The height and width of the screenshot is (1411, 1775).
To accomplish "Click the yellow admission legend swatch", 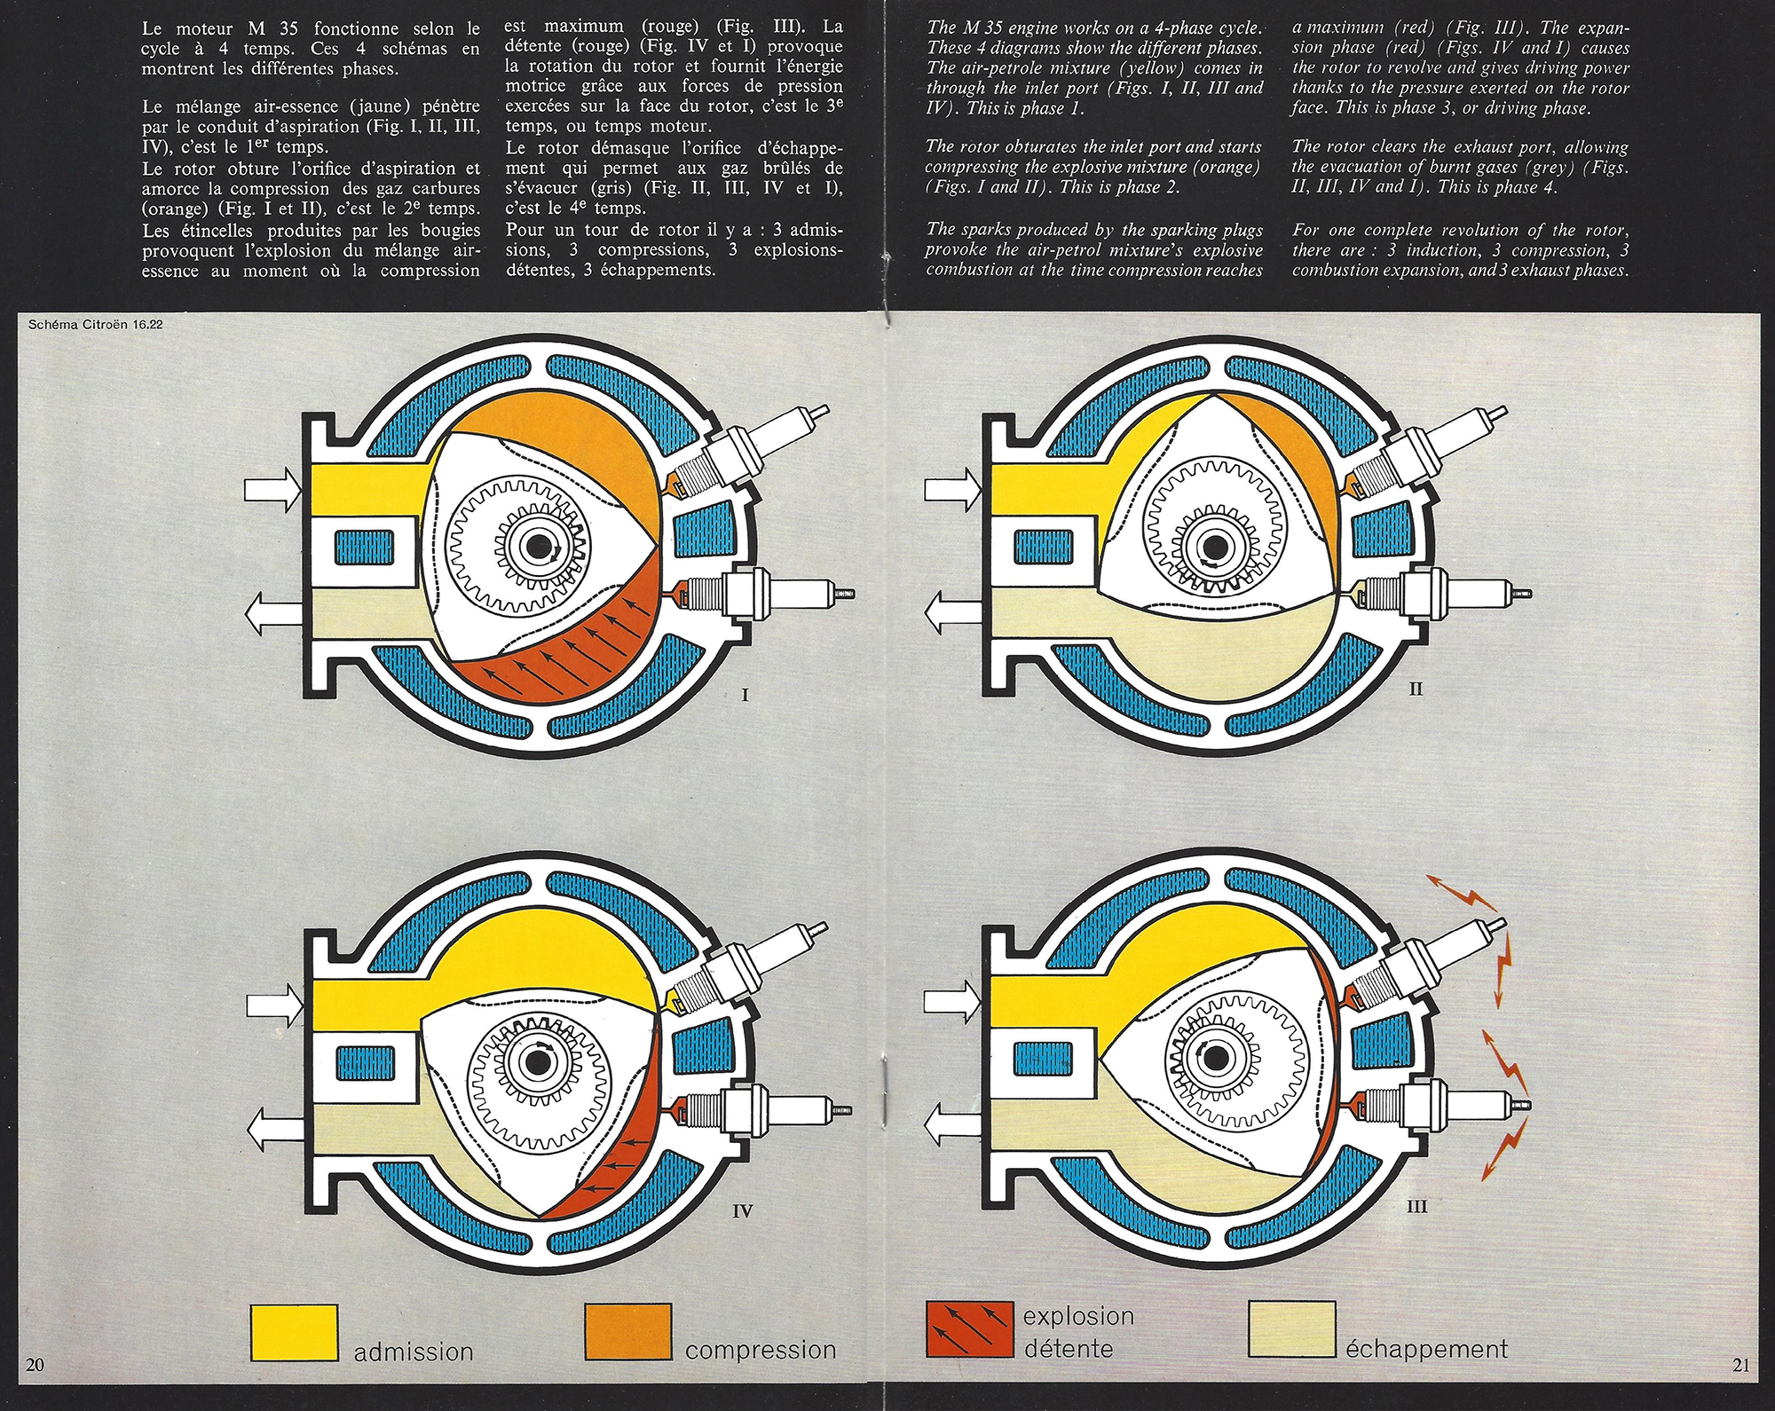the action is (x=294, y=1331).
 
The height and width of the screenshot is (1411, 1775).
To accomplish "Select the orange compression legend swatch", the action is (x=628, y=1331).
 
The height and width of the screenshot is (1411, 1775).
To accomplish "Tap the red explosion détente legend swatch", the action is (x=969, y=1329).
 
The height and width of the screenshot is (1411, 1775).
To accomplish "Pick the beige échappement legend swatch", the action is (x=1292, y=1329).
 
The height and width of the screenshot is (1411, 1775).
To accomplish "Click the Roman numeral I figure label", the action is (x=745, y=695).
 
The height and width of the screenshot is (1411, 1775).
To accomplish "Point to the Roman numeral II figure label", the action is (x=1416, y=689).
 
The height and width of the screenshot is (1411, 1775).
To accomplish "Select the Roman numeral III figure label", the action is (x=1417, y=1206).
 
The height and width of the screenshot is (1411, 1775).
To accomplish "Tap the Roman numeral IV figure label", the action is (x=743, y=1210).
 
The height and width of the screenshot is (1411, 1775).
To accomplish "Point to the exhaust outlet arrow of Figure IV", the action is (x=275, y=1127).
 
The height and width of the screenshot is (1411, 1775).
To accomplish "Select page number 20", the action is (x=35, y=1364).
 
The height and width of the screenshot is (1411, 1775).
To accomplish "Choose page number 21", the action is (x=1740, y=1365).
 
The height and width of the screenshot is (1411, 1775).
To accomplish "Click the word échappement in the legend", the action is (x=1426, y=1350).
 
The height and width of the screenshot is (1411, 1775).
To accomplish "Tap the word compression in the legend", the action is (x=761, y=1351).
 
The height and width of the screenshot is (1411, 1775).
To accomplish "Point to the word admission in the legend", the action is (x=414, y=1352).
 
